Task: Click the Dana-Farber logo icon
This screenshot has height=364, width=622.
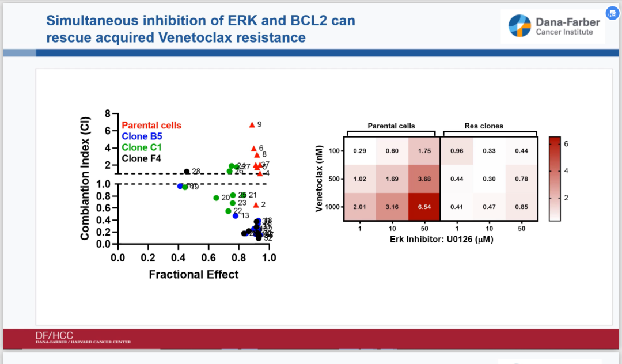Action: pos(521,26)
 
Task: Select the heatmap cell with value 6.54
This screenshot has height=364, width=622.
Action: pos(424,206)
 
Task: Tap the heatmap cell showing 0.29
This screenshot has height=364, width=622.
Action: pos(361,151)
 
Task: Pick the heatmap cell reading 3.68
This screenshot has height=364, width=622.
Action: pos(424,179)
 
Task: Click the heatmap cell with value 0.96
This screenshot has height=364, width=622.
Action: pos(456,151)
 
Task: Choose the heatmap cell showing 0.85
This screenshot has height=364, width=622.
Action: pos(521,206)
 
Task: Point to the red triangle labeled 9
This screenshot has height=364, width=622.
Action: pos(252,124)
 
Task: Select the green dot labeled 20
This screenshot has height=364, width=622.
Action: pos(217,198)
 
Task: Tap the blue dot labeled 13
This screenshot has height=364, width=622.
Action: pos(236,215)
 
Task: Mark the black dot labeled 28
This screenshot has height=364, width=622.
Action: pos(187,172)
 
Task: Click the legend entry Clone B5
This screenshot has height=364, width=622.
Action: pos(142,136)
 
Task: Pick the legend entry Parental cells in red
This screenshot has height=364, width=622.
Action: pos(151,126)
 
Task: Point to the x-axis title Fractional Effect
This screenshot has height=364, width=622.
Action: pos(194,275)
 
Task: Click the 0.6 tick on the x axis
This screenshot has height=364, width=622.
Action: pos(208,257)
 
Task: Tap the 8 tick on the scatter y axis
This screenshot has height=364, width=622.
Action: pos(108,114)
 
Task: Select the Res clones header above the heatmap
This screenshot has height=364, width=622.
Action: pos(484,126)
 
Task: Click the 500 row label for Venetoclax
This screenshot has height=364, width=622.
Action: pos(332,179)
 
